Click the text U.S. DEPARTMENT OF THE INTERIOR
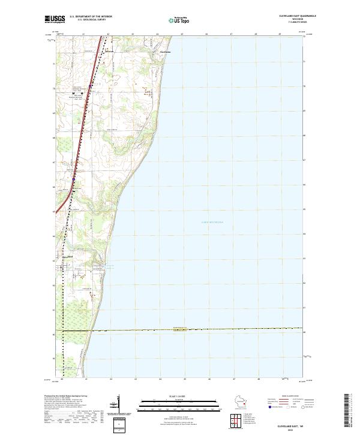click(91, 16)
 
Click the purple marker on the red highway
click(74, 178)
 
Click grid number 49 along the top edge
click(280, 34)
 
